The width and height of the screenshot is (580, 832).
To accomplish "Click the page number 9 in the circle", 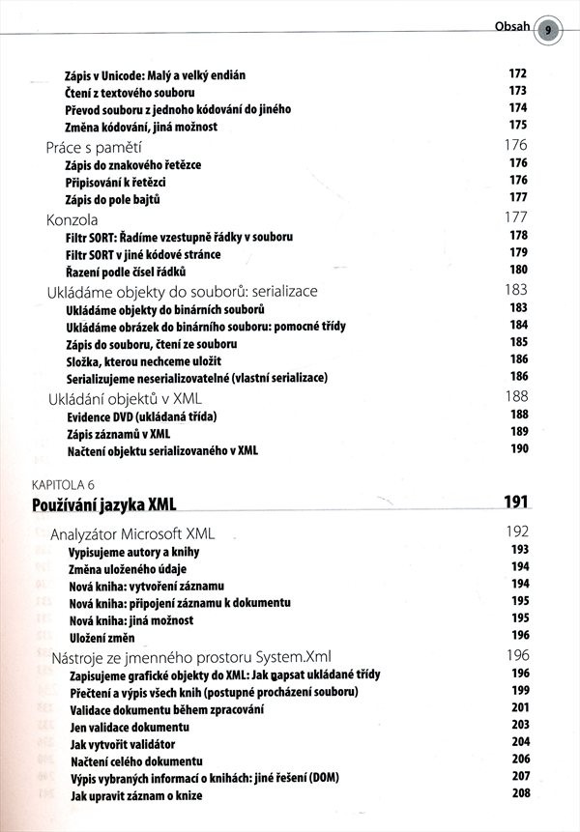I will pos(547,29).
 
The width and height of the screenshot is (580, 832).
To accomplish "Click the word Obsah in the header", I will pos(512,27).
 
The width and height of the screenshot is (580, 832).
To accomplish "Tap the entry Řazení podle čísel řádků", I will pos(130,271).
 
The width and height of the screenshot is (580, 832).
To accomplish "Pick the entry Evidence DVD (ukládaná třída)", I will pos(141,416).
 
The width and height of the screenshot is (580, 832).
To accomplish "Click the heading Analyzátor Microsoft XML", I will pos(132,532).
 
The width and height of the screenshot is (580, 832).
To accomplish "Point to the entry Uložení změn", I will pos(101,635).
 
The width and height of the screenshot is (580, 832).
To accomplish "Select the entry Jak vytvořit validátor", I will pos(122,743).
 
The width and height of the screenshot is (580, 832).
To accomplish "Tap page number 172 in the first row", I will pos(517,73).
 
